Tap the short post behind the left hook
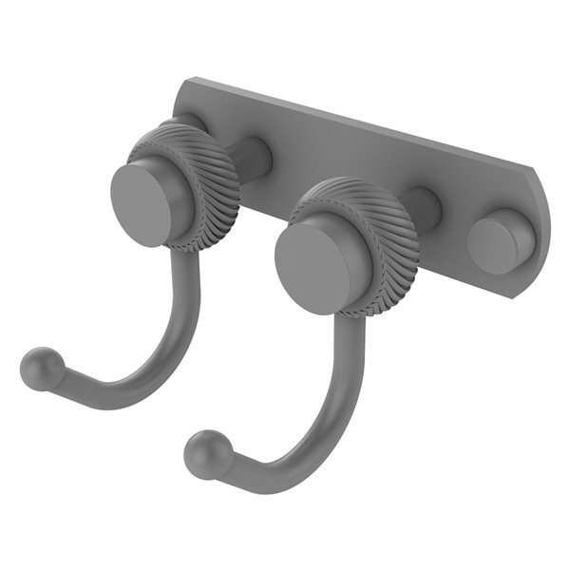(254, 158)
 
